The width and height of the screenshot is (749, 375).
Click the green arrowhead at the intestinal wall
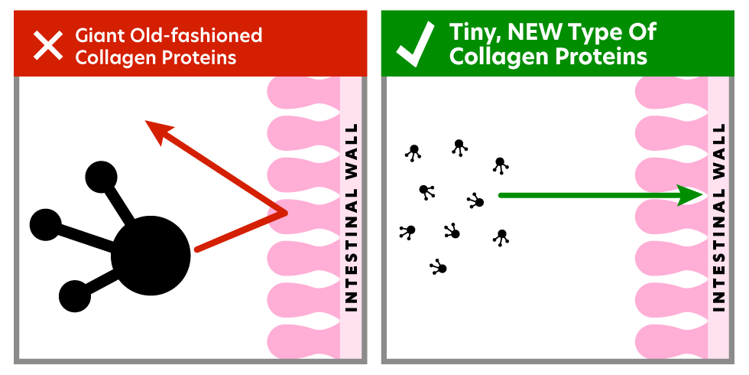pyautogui.click(x=692, y=195)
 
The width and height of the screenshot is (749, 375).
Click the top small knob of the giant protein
pyautogui.click(x=101, y=177)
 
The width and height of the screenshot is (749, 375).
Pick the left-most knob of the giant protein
pyautogui.click(x=45, y=225)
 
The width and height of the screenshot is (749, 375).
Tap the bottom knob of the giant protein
pyautogui.click(x=75, y=296)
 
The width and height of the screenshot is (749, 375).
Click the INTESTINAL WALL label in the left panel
pyautogui.click(x=351, y=217)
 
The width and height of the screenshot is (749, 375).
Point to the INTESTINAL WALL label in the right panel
pyautogui.click(x=718, y=217)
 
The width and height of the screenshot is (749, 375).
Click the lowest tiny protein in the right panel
pyautogui.click(x=439, y=267)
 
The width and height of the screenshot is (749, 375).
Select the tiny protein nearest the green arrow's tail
pyautogui.click(x=476, y=201)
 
